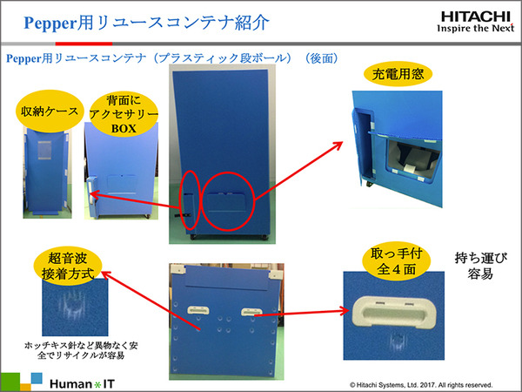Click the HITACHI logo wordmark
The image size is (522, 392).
tap(475, 17)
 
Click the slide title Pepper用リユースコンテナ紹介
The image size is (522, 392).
tap(146, 23)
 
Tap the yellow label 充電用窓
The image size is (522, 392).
tap(398, 74)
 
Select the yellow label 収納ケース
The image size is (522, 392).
tap(50, 112)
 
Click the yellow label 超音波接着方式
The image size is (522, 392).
tap(68, 266)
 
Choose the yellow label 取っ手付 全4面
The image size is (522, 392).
tap(396, 261)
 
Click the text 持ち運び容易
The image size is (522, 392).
tap(481, 266)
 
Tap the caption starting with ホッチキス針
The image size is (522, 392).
tap(81, 350)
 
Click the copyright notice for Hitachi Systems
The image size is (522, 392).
tap(421, 385)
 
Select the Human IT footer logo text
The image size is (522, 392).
tap(82, 383)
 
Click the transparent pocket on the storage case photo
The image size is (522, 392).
tap(44, 150)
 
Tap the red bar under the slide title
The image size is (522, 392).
tap(84, 44)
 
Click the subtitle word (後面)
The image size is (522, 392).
tap(322, 58)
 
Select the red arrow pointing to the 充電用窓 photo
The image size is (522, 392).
tap(298, 171)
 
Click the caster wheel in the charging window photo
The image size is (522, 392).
tap(369, 184)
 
